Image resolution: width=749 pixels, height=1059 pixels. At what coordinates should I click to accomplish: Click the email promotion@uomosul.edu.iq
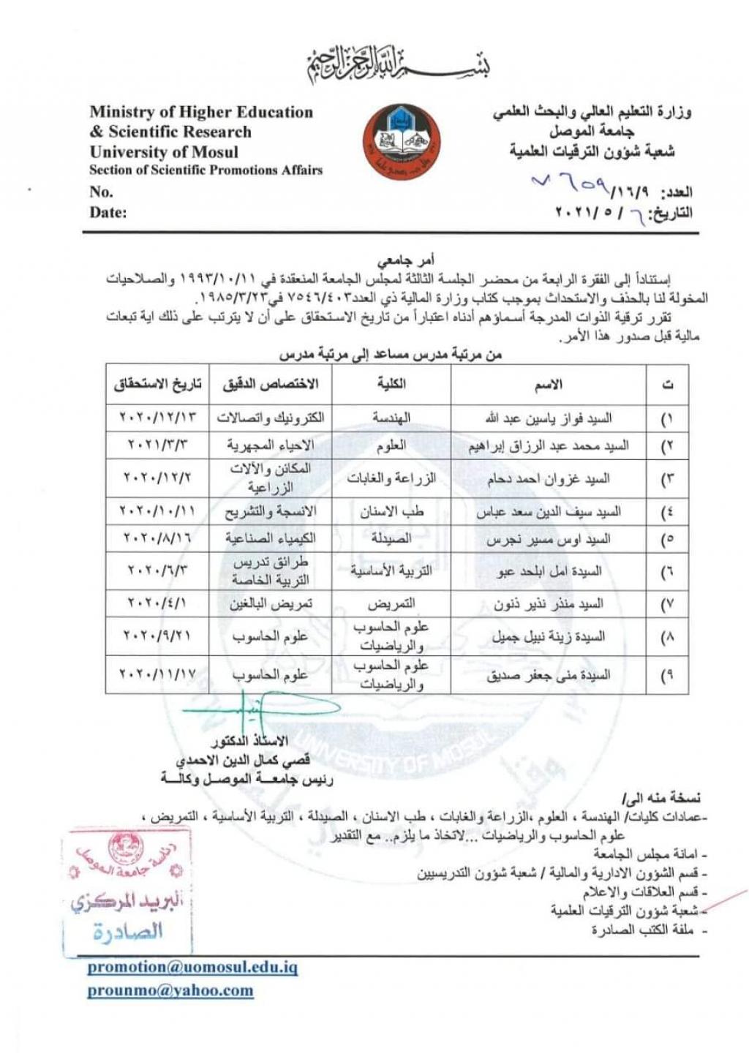(193, 967)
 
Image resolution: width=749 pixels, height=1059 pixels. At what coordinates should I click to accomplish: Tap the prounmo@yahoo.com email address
(170, 991)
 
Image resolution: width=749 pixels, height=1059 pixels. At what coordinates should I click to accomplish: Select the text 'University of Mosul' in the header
(164, 152)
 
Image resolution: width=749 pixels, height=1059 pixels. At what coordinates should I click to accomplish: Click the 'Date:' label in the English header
(108, 213)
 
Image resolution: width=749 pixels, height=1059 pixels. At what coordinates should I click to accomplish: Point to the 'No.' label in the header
(101, 192)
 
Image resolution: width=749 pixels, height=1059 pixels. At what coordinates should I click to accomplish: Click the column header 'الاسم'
(549, 384)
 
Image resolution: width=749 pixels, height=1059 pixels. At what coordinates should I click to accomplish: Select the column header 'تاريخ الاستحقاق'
(157, 384)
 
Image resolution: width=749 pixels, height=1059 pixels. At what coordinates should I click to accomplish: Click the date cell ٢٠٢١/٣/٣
(157, 445)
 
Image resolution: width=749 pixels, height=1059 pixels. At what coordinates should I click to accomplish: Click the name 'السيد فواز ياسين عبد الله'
(549, 418)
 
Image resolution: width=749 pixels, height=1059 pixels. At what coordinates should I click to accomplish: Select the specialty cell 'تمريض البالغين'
(271, 603)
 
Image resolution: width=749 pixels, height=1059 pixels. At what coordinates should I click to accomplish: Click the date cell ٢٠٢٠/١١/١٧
(157, 674)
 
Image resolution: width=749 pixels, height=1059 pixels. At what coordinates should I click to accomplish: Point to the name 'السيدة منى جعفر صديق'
(549, 676)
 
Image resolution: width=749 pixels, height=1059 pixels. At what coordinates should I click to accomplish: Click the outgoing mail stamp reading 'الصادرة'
(129, 932)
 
